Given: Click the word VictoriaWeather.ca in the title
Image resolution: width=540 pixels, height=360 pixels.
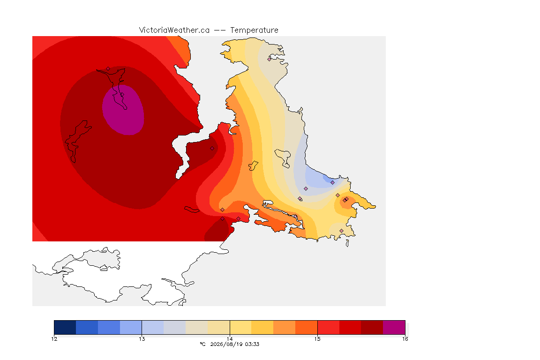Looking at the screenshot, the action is [x=174, y=30].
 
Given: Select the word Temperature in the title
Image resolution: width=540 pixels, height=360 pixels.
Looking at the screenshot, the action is [x=254, y=30].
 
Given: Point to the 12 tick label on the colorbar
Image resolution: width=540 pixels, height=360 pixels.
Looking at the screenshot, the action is [x=54, y=339].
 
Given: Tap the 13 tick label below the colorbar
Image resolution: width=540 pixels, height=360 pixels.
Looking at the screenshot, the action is [x=142, y=339].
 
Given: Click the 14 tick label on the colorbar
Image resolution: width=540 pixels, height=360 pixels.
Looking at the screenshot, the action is [x=230, y=339].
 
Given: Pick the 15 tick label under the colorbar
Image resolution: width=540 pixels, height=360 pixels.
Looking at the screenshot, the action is [x=317, y=339].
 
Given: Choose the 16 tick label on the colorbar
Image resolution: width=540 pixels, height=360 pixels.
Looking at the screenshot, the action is [x=405, y=339].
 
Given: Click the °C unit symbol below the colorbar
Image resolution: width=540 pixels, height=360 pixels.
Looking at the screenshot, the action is [x=202, y=344].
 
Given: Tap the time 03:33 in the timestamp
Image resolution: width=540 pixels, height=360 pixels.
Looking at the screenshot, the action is [x=252, y=344].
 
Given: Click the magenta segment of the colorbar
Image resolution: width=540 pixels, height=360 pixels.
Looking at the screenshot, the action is [x=394, y=327].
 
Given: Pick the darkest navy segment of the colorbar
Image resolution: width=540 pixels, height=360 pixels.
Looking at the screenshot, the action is [x=65, y=327].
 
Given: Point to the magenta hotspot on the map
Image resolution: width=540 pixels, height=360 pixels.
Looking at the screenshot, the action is [x=123, y=110].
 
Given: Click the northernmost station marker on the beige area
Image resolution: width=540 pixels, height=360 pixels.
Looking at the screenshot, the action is [x=270, y=59].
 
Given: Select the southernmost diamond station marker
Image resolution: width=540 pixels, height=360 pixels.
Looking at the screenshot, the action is [x=341, y=231].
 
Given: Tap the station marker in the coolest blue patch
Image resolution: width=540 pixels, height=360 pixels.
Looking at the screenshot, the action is [x=332, y=183].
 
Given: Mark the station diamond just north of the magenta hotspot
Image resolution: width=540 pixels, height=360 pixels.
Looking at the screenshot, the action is [x=108, y=69].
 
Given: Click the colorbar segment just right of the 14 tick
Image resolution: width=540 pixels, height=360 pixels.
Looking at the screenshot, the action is [x=241, y=327].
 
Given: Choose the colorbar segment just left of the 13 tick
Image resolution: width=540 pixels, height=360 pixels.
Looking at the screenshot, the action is [x=131, y=327].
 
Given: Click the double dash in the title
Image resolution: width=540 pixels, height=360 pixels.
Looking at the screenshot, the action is [x=220, y=30].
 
